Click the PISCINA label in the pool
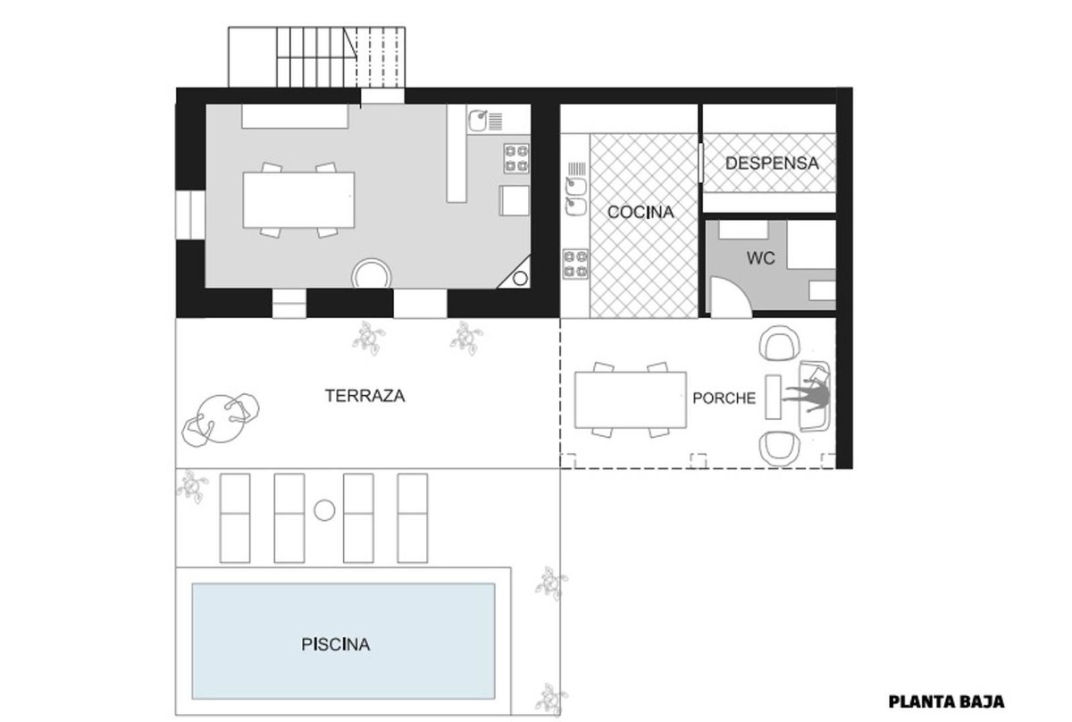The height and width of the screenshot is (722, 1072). (336, 644)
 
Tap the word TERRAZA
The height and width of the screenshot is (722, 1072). (364, 396)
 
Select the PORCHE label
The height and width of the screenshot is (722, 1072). (724, 399)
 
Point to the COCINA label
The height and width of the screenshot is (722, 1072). (641, 212)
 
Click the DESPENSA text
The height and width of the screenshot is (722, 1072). (772, 164)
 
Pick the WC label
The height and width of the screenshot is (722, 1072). (760, 258)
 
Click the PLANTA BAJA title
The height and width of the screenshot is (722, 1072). (946, 701)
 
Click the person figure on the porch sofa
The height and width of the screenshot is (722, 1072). (807, 396)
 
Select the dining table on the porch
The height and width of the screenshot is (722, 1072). (631, 399)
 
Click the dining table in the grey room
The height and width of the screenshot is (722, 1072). (298, 200)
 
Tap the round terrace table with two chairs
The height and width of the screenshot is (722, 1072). (220, 419)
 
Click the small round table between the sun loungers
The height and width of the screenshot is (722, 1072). (324, 510)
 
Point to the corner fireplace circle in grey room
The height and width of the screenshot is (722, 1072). (520, 278)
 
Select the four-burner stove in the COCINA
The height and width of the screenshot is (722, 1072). (575, 264)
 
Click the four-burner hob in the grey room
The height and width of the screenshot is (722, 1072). (516, 158)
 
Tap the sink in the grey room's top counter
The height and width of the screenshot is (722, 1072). (478, 120)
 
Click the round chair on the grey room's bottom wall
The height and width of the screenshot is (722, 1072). (372, 274)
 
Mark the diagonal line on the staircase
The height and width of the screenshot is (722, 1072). (350, 44)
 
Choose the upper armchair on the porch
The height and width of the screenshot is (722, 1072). (779, 343)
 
